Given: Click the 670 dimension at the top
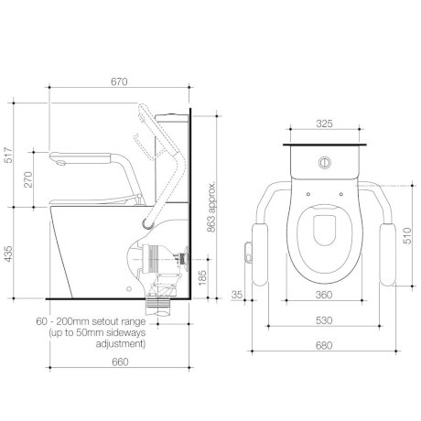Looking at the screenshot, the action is (119, 81).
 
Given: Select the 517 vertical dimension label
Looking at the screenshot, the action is (9, 155).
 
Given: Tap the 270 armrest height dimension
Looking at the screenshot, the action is (27, 179).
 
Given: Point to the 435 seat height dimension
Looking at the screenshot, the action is (9, 254).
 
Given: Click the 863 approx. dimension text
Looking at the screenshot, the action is (211, 207).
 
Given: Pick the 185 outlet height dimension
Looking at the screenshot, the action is (202, 277).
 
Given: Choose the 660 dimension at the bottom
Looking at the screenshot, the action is (120, 362).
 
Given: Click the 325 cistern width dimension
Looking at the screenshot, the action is (324, 124).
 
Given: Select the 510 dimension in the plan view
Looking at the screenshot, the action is (407, 235).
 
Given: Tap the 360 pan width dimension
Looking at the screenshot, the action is (324, 295).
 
